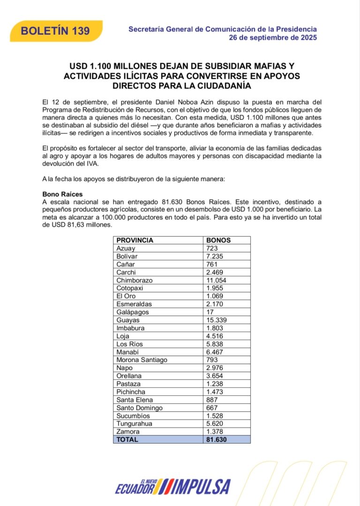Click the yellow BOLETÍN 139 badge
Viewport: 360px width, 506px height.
click(x=55, y=31)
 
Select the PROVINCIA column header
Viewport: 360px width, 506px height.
click(x=135, y=240)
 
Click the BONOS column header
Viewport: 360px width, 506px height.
click(x=218, y=240)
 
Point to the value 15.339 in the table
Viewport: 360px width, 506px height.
click(x=216, y=320)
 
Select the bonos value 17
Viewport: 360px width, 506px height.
click(x=210, y=312)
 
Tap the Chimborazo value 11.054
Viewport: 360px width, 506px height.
click(x=216, y=280)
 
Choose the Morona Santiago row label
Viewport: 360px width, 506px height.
click(x=142, y=360)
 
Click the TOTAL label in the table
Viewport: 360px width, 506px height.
click(x=127, y=439)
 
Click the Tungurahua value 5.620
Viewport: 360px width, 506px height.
click(x=215, y=424)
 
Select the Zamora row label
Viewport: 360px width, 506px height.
click(x=128, y=432)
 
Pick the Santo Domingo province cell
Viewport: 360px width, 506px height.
click(x=139, y=408)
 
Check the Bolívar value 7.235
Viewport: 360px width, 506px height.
click(x=215, y=256)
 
